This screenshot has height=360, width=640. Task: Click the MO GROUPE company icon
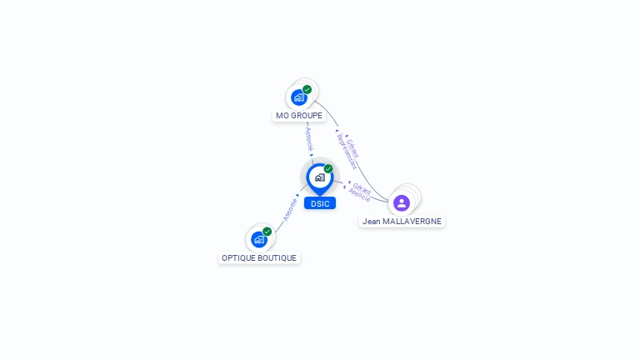298,97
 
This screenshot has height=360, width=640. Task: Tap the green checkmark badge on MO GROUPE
307,89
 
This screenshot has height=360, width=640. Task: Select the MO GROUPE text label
299,116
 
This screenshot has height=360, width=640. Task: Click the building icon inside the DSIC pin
319,177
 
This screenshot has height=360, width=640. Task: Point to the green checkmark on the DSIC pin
328,168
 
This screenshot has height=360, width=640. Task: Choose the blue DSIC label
320,203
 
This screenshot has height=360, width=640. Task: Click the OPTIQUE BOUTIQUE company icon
258,239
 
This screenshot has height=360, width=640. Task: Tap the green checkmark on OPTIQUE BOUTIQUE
267,231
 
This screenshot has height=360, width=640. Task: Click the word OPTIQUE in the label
238,258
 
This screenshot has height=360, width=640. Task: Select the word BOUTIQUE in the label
277,258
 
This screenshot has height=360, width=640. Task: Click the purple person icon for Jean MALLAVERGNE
402,202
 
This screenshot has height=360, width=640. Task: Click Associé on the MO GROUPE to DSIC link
308,138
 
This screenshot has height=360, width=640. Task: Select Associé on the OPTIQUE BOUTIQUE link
290,208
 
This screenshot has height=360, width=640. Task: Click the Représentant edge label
346,152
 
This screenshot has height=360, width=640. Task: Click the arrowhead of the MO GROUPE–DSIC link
312,155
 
